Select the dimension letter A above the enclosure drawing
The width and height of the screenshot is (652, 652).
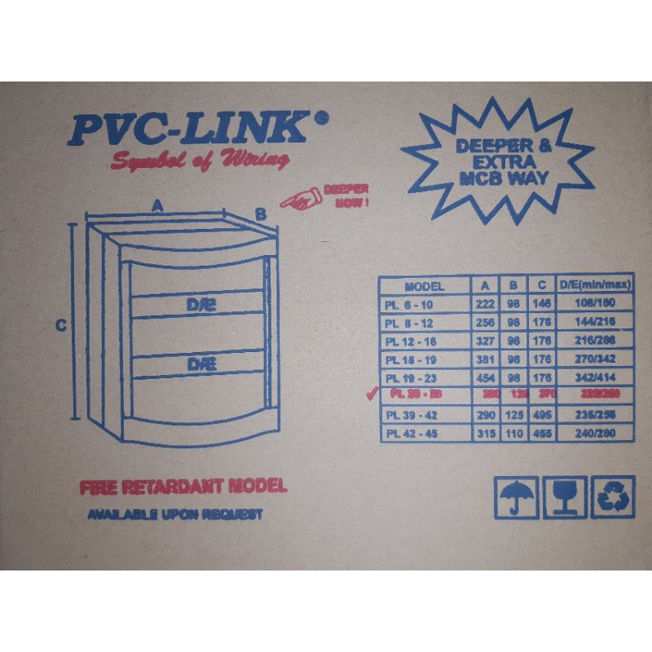click(156, 207)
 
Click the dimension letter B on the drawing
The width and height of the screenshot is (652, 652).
click(260, 214)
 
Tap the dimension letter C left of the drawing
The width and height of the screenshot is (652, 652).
click(59, 326)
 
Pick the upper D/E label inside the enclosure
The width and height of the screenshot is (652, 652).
click(198, 305)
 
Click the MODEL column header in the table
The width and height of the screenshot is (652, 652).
click(424, 286)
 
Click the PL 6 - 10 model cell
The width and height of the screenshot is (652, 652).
click(412, 303)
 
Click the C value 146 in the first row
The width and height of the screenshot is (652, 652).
click(540, 303)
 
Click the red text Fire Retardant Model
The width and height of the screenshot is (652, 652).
click(183, 487)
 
